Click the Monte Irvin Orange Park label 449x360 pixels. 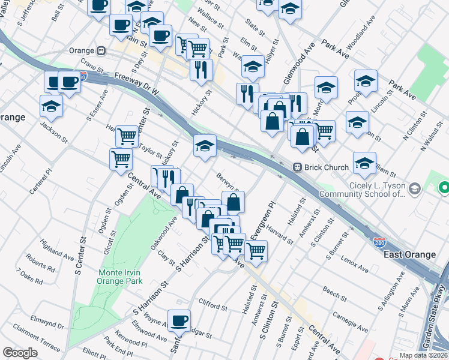point(121,275)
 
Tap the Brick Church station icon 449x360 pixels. point(297,167)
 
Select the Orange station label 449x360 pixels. point(83,50)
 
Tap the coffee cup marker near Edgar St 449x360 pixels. point(178,320)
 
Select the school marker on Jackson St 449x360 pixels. point(52,106)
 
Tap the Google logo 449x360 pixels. point(20,353)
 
